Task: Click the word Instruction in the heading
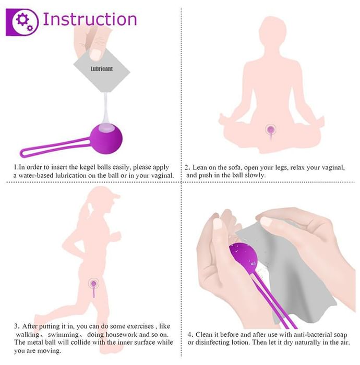click(x=90, y=19)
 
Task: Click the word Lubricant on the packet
click(x=102, y=69)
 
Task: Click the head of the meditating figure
click(x=272, y=31)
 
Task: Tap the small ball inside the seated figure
click(x=271, y=129)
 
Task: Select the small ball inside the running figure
click(x=93, y=284)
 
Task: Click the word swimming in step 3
click(x=63, y=335)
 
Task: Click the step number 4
click(x=190, y=335)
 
